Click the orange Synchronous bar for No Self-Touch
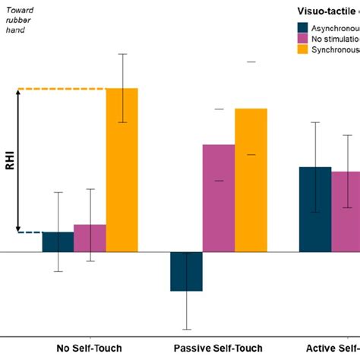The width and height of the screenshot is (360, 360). click(122, 170)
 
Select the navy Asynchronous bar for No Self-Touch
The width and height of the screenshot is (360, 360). click(58, 242)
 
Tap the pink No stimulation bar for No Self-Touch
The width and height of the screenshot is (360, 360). click(90, 238)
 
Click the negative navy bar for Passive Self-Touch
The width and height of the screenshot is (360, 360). click(186, 271)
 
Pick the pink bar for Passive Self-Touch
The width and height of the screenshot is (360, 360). click(218, 198)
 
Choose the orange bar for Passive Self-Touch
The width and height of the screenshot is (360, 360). click(251, 180)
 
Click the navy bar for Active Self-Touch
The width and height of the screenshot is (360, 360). click(314, 210)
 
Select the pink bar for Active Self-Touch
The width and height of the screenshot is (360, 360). click(346, 212)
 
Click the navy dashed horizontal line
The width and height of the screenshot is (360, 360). click(30, 232)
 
